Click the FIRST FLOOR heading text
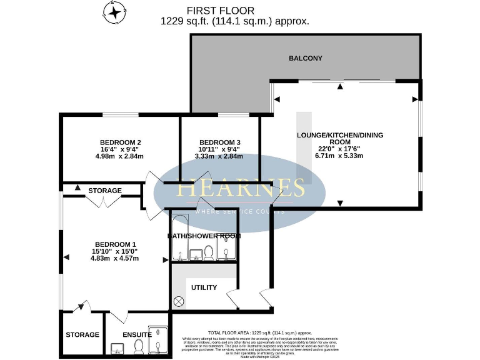tap(221, 11)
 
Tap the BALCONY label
tap(306, 58)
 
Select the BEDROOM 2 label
tap(120, 142)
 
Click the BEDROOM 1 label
tap(115, 244)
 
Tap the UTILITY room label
tap(204, 287)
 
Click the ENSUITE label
tap(136, 334)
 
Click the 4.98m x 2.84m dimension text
tap(120, 157)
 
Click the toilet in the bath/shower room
tap(209, 251)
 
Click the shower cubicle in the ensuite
tap(158, 341)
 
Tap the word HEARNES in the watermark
tap(241, 187)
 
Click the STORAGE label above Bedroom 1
tap(105, 190)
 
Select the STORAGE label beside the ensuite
tap(82, 334)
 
